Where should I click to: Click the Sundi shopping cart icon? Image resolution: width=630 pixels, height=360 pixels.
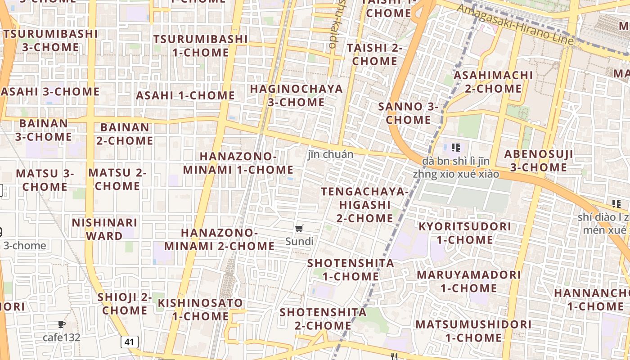(300, 229)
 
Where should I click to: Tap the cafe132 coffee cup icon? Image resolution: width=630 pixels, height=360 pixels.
(62, 324)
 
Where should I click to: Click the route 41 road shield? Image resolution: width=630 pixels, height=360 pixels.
(129, 342)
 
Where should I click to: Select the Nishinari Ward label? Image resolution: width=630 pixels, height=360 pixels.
(104, 229)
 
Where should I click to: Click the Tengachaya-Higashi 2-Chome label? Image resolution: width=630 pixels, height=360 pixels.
(364, 205)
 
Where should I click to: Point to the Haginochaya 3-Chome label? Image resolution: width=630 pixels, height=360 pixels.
(296, 95)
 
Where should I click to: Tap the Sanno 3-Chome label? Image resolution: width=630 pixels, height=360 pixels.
(408, 113)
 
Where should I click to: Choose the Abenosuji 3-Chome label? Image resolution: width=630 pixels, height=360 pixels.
(538, 161)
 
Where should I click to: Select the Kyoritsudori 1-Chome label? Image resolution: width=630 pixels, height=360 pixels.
(465, 233)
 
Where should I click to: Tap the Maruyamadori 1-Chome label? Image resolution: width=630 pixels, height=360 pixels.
(468, 281)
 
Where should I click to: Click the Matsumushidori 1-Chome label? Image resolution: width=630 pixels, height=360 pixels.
(473, 331)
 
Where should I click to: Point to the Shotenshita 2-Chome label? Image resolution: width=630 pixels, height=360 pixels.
(323, 319)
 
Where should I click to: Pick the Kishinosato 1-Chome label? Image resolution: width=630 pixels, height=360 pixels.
(200, 309)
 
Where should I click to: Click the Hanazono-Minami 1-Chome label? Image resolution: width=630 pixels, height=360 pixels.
(238, 163)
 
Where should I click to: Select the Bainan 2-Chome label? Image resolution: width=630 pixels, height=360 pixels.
(125, 134)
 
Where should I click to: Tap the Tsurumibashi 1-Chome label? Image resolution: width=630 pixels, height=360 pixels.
(200, 45)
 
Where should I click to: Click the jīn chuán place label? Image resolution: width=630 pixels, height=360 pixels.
(330, 154)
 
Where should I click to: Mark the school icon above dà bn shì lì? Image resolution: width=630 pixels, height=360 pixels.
(455, 147)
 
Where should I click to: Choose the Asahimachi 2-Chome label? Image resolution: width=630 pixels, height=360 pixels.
(493, 81)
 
